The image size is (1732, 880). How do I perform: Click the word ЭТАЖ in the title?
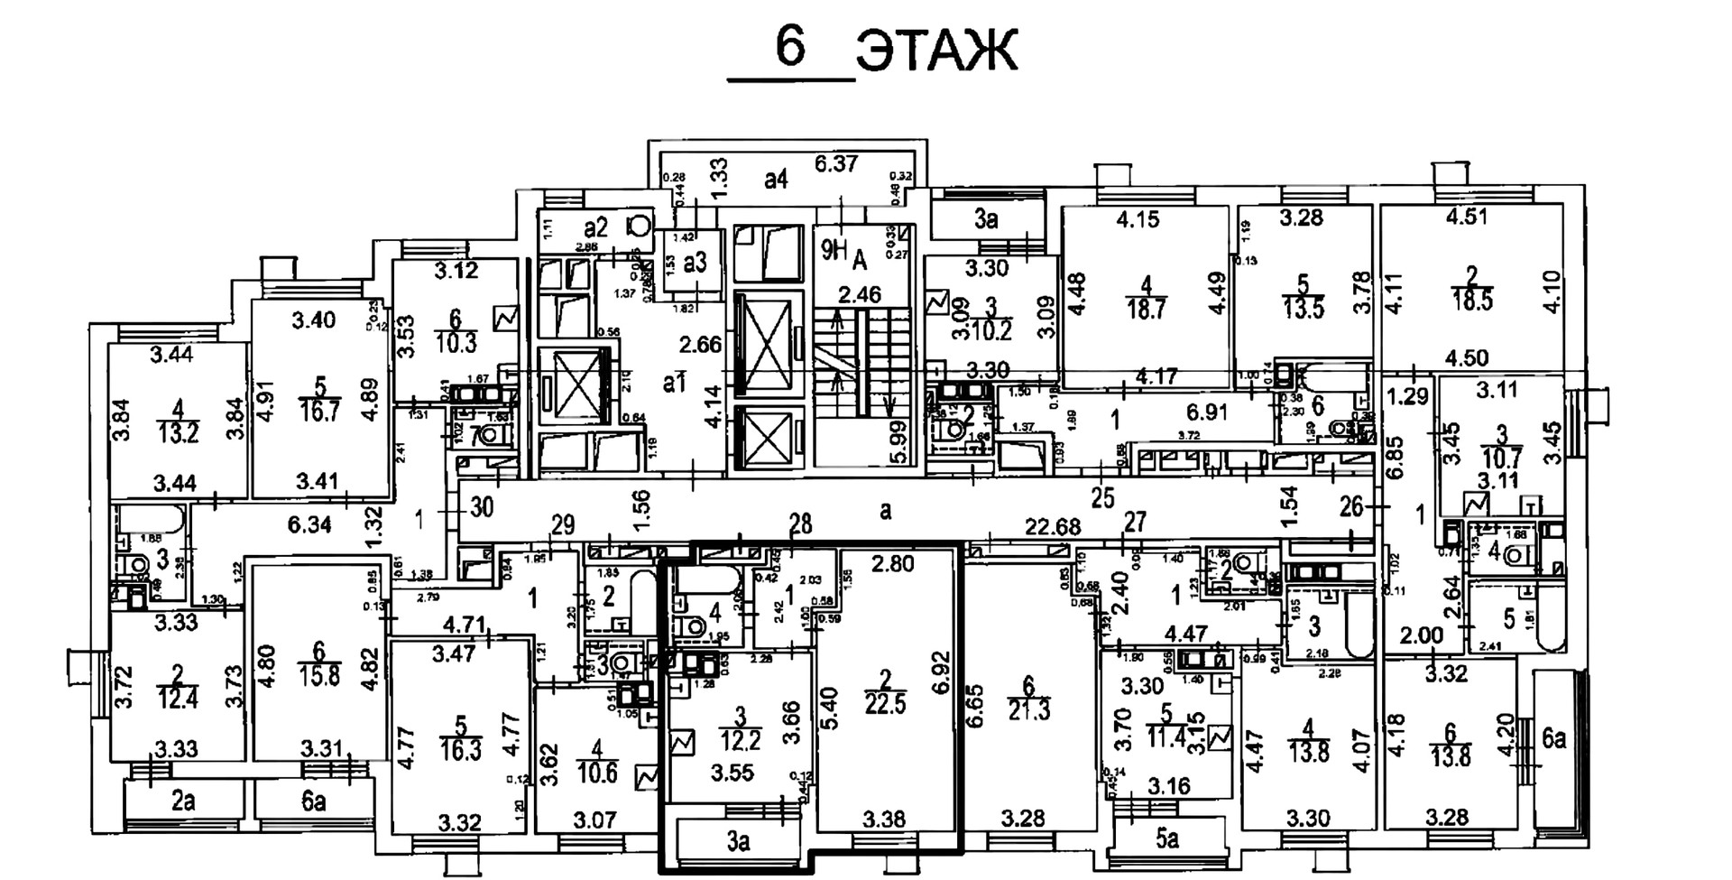(936, 51)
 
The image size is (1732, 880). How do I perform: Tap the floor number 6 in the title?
(790, 46)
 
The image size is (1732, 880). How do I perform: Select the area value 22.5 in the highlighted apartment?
(885, 703)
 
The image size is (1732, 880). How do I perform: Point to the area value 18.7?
(1146, 309)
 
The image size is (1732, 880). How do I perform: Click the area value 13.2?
(178, 433)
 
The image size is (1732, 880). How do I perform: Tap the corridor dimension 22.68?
(1052, 525)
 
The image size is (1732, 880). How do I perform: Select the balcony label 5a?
(1166, 839)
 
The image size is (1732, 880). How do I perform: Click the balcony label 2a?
(183, 801)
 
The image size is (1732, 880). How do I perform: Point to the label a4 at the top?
(776, 180)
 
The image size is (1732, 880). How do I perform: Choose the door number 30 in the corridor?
(482, 507)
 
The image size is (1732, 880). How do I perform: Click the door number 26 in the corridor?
(1350, 507)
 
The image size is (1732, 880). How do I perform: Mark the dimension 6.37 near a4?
(836, 163)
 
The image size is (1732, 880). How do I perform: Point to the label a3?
(695, 262)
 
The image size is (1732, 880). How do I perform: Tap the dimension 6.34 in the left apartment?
(309, 524)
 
